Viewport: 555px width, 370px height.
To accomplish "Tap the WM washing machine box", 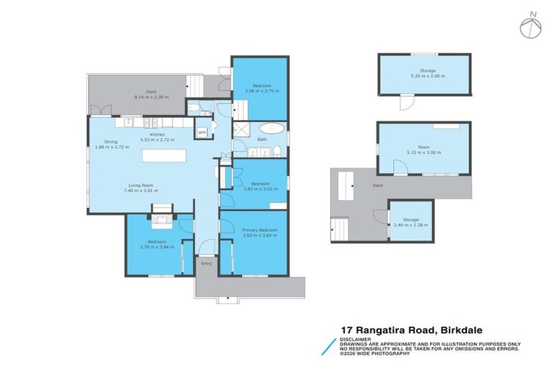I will [x=202, y=133].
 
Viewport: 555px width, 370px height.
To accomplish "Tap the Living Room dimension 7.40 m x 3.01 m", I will [x=143, y=191].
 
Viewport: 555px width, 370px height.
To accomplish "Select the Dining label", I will [x=111, y=142].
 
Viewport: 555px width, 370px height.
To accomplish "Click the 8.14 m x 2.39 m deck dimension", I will [x=150, y=96].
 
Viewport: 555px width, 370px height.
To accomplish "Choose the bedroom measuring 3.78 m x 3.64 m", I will [x=157, y=244].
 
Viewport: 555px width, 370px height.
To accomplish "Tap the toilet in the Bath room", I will [x=277, y=151].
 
